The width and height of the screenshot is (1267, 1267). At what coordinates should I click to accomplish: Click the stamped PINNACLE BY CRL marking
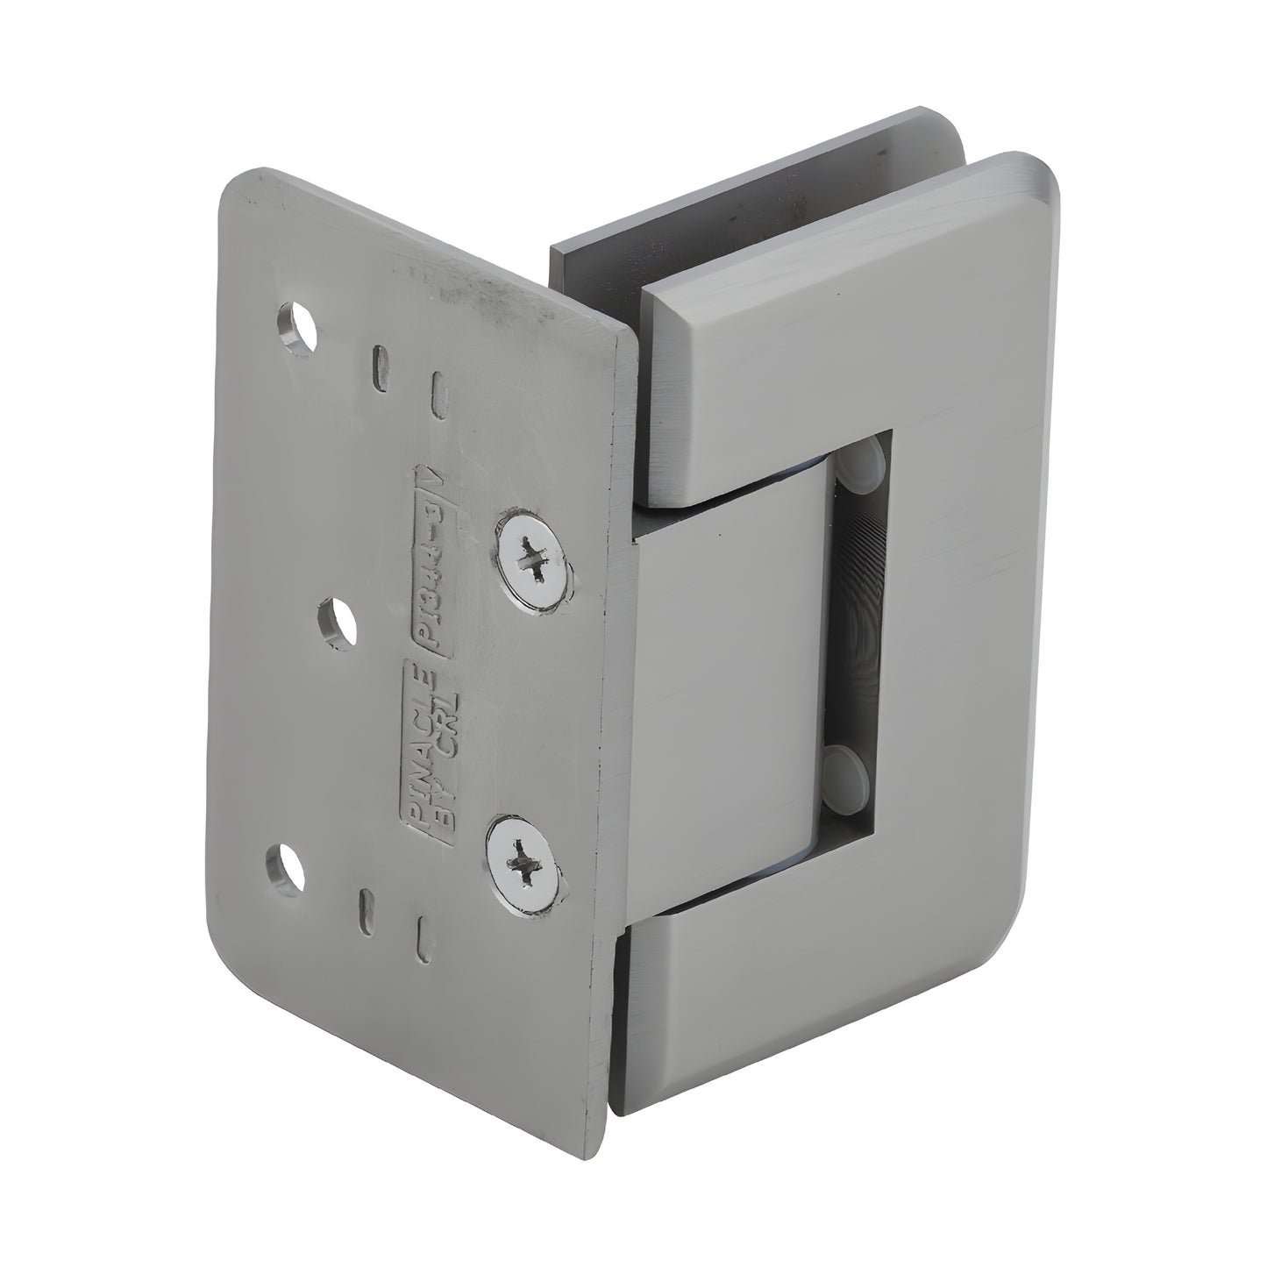(429, 751)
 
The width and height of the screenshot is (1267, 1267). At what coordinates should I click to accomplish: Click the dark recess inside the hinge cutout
(864, 614)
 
